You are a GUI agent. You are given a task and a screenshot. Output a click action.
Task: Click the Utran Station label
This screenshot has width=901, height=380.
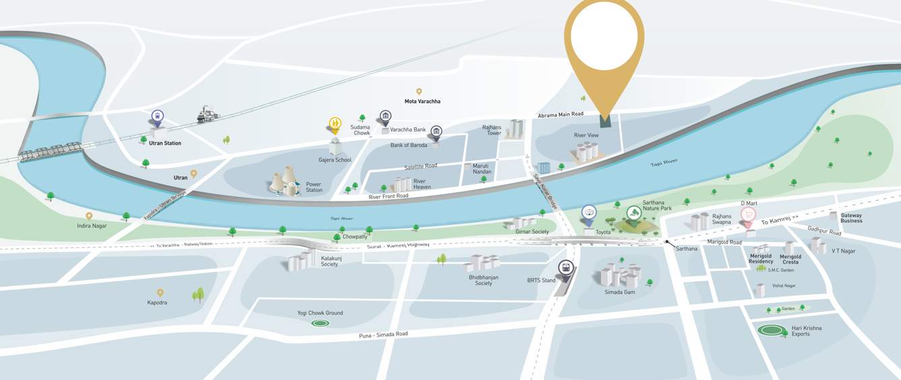[x=165, y=144]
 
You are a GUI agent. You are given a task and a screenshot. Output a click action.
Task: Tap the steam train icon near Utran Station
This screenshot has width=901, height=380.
[x=208, y=115]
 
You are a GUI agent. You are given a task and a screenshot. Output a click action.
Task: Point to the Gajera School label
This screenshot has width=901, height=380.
[x=335, y=160]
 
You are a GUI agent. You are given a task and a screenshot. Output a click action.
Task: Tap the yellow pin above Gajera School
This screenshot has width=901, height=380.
[x=335, y=124]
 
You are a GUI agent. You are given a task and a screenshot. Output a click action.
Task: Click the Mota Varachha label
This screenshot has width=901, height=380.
[x=422, y=102]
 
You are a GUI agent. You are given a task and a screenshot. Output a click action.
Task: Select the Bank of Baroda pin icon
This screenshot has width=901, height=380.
[x=436, y=131]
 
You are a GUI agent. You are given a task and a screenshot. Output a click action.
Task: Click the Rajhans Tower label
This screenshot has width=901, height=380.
[x=492, y=130]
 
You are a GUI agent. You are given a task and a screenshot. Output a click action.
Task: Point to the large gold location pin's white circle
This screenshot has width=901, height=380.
[x=604, y=34]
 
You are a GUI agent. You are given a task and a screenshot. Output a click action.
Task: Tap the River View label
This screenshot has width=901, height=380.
[x=586, y=135]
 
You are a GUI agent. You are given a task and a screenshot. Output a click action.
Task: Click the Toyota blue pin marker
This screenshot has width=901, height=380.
[x=589, y=214]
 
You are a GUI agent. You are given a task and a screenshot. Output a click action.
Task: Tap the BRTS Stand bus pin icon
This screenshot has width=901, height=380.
[x=565, y=269]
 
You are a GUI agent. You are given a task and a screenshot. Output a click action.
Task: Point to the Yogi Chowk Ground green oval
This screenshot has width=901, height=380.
[x=320, y=323]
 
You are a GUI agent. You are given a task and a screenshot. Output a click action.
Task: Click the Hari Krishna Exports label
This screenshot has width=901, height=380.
[x=807, y=331]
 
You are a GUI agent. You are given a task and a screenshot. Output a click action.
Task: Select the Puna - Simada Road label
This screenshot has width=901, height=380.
[x=383, y=334]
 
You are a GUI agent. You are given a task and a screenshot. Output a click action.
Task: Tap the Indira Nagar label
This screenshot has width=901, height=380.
[x=92, y=226]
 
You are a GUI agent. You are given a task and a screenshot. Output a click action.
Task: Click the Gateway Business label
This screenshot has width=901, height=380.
[x=851, y=218]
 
